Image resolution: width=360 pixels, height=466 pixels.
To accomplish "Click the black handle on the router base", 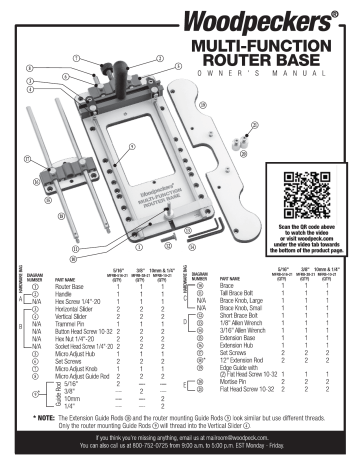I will [x=103, y=73].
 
